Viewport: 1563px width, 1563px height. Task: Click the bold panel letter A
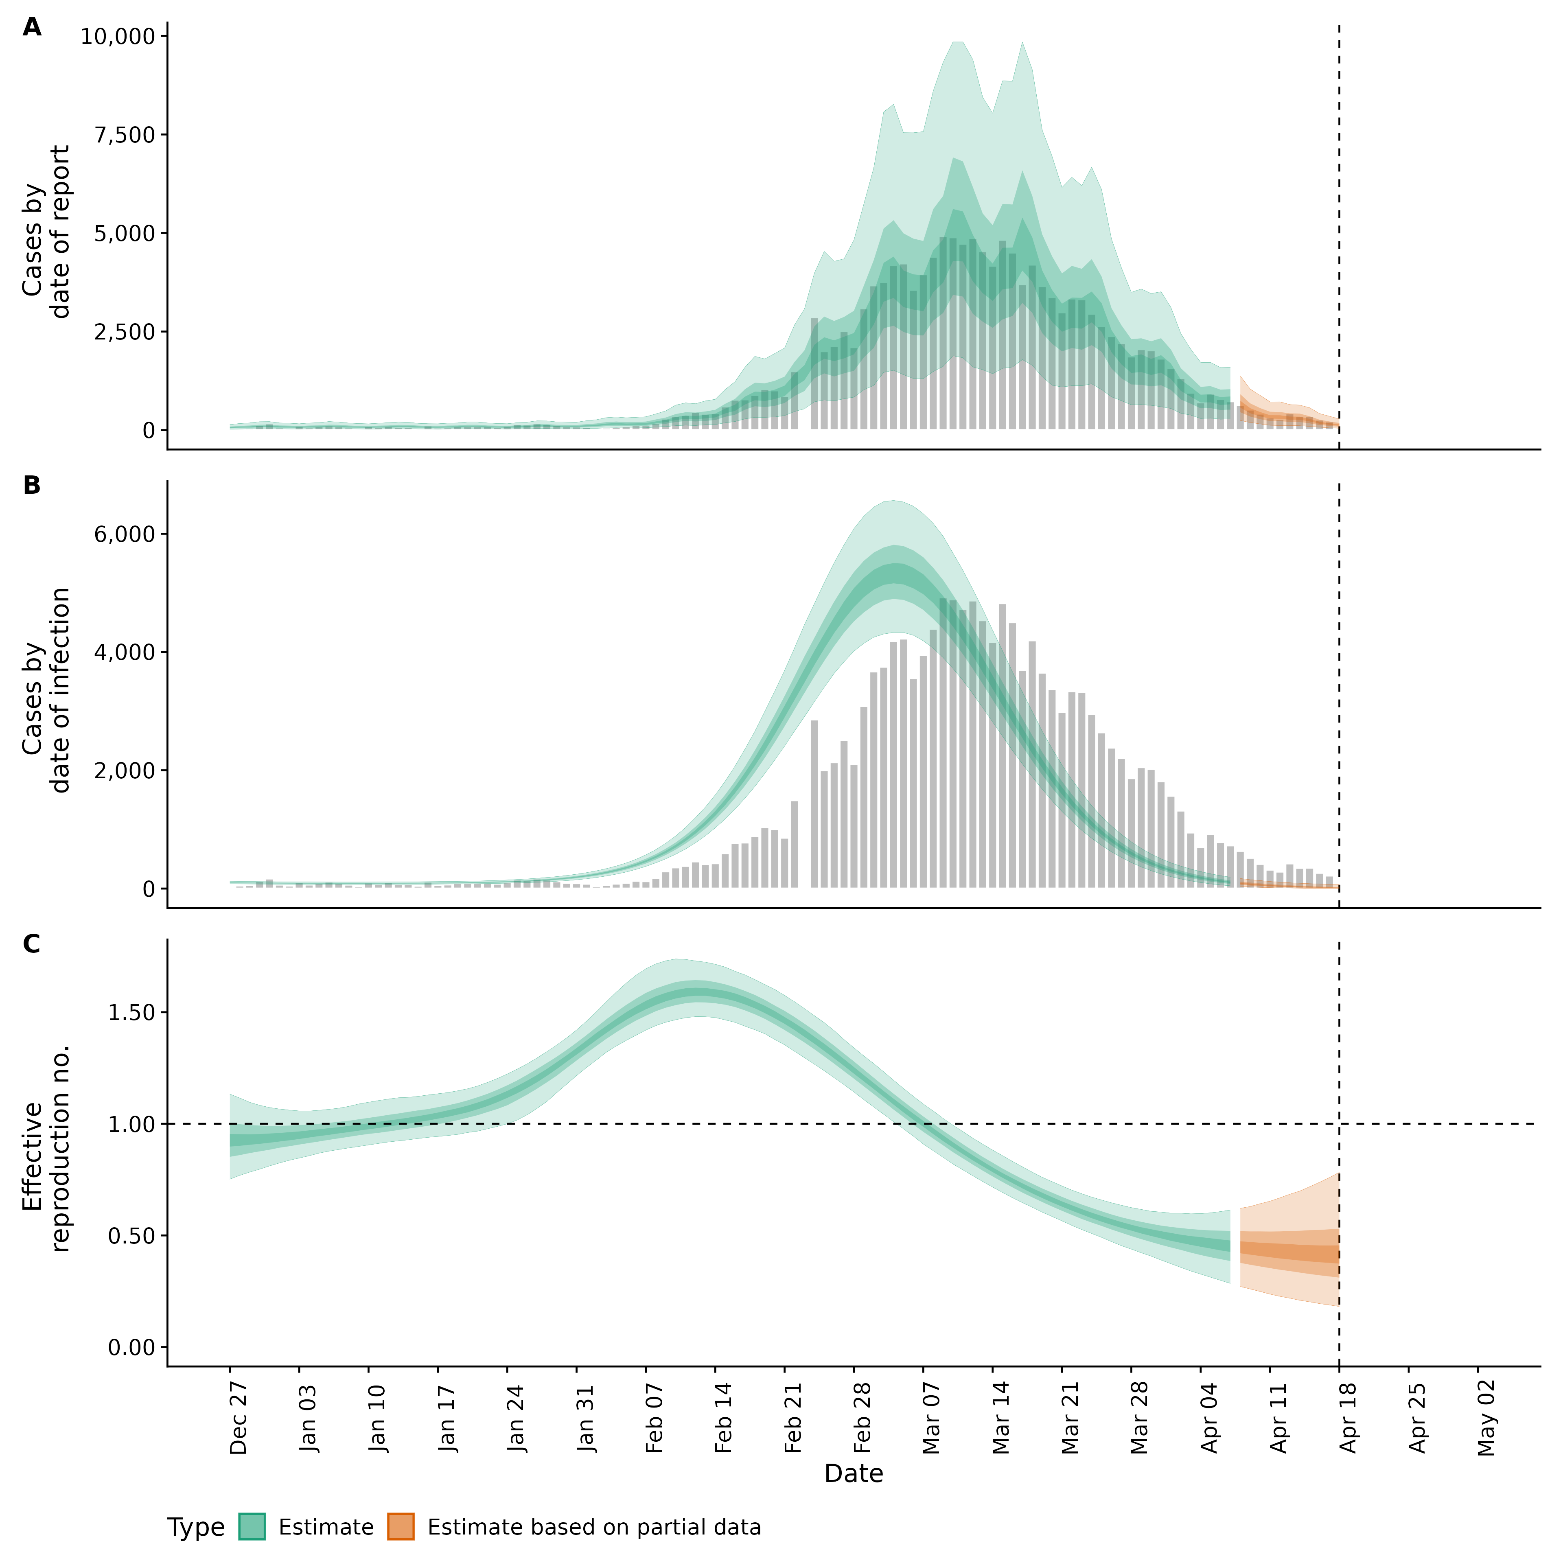click(x=32, y=28)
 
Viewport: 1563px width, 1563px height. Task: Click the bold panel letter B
click(x=32, y=486)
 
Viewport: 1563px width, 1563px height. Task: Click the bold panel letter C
click(x=32, y=944)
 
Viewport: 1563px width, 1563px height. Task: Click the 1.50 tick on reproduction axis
click(x=132, y=1013)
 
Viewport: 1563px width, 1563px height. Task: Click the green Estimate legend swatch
click(x=252, y=1527)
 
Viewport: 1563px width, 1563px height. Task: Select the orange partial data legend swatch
click(x=401, y=1527)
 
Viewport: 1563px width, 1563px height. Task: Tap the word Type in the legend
click(x=196, y=1528)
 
